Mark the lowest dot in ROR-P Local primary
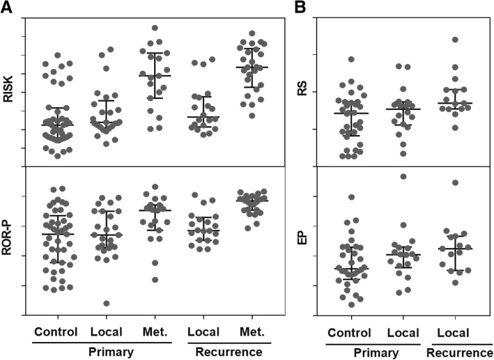click(x=107, y=303)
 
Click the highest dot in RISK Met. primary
click(x=154, y=29)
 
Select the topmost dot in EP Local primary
click(x=403, y=176)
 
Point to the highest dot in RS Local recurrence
click(x=456, y=40)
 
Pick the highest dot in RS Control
click(x=351, y=60)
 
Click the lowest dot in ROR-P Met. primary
click(x=155, y=280)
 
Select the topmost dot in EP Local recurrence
click(x=456, y=182)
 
